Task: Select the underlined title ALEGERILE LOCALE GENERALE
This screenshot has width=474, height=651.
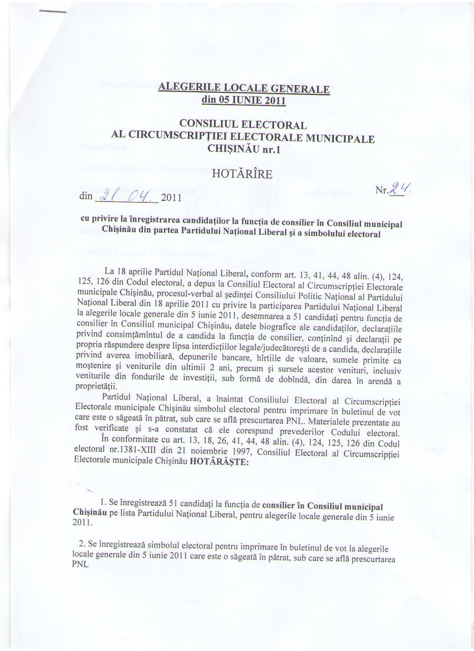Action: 244,89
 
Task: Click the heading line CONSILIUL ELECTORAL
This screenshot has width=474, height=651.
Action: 243,125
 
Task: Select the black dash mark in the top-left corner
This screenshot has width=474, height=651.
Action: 52,12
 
